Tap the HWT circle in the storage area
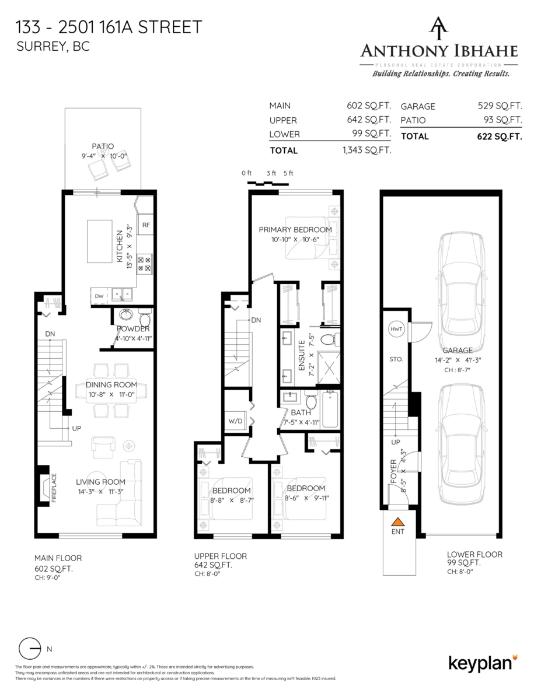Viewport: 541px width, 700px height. point(396,330)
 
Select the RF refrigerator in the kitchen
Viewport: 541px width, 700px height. point(146,225)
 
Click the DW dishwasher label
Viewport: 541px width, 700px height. point(99,296)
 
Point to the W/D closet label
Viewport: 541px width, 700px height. point(236,419)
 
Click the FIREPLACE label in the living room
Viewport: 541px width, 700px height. point(54,488)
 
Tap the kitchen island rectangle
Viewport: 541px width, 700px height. point(101,241)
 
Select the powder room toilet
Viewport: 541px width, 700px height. point(145,318)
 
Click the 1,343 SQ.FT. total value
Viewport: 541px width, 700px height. point(368,150)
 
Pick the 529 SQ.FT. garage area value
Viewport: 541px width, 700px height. point(500,106)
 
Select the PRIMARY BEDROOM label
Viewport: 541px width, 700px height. point(295,230)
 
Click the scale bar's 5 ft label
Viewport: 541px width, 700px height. point(288,173)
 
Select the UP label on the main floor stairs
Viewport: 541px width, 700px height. point(76,428)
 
